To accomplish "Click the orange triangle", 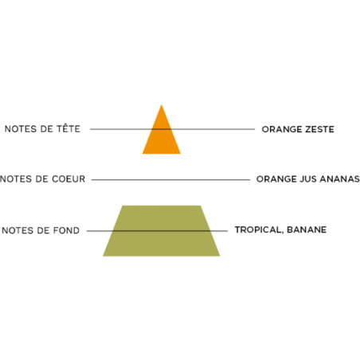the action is (x=162, y=135).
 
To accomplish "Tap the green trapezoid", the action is (x=162, y=231).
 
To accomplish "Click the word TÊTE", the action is (x=68, y=128).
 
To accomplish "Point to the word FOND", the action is (x=66, y=230).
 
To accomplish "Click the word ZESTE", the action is (x=319, y=129).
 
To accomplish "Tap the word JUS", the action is (x=308, y=179).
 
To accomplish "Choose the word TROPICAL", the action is (x=259, y=229).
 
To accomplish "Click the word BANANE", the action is (x=307, y=229).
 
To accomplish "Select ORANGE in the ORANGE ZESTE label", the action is (x=282, y=129).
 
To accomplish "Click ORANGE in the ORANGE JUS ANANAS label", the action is (x=276, y=179).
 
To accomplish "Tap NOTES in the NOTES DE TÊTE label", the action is (x=21, y=129).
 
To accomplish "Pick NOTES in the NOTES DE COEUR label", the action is (x=16, y=179).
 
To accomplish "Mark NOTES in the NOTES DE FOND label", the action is (x=18, y=230).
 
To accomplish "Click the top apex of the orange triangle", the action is (x=162, y=105).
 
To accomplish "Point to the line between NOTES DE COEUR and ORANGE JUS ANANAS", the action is (x=170, y=180).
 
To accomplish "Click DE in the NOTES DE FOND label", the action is (x=43, y=230).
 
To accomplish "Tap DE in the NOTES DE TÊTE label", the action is (x=46, y=129).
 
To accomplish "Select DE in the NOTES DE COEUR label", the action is (x=41, y=179).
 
